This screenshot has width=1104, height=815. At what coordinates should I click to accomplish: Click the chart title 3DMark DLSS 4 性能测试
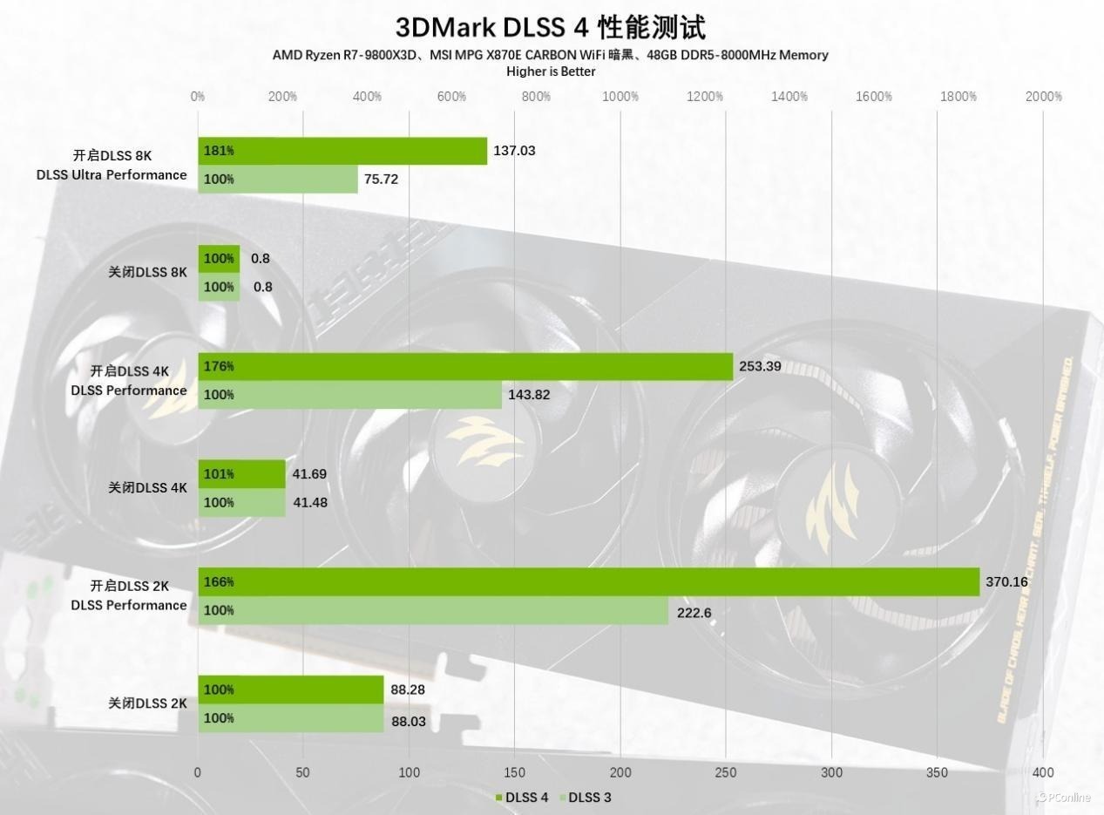coord(551,27)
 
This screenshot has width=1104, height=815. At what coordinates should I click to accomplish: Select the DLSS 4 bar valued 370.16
coord(588,582)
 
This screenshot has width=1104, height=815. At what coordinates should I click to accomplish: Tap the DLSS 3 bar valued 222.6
coord(433,611)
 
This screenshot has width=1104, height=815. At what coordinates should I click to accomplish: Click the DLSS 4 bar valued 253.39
coord(465,367)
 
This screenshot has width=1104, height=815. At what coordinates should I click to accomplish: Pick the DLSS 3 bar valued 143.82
coord(349,395)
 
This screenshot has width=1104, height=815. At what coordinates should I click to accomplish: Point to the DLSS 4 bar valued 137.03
coord(342,151)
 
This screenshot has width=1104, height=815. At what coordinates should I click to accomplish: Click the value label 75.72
coord(381,180)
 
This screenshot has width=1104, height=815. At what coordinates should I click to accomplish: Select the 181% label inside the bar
coord(219,151)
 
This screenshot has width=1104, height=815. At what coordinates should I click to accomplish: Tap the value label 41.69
coord(309,474)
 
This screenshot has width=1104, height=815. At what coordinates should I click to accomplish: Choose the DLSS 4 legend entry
coord(522,798)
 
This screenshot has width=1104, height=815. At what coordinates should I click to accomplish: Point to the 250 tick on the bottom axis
coord(725,772)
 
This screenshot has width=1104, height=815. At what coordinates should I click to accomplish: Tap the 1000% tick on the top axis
coord(620,97)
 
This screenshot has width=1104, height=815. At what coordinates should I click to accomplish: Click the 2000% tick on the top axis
coord(1044,97)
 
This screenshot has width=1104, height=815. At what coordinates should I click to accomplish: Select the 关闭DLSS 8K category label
coord(147,272)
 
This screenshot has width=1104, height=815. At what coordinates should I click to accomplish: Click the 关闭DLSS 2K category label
coord(147,703)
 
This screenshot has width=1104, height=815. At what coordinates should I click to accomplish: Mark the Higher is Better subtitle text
coord(551,71)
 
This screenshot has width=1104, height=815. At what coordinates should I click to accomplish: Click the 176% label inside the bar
coord(219,367)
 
